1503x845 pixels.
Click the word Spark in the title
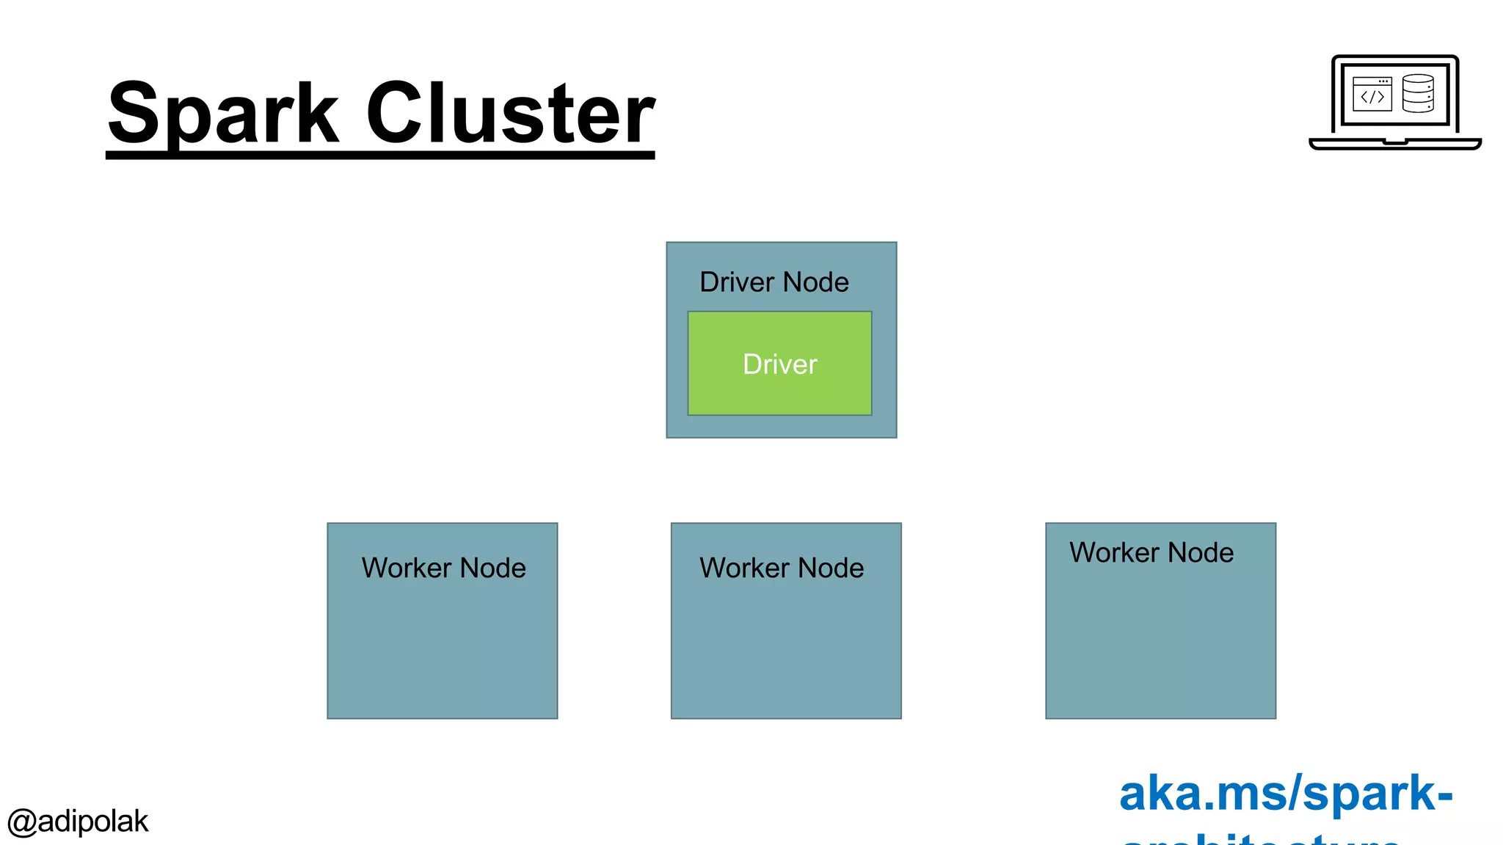point(224,114)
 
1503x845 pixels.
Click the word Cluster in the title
point(510,114)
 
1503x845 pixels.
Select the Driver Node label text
point(774,282)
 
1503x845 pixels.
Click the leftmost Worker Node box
point(442,645)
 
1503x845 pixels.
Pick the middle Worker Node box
point(786,645)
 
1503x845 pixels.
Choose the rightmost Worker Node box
point(1160,638)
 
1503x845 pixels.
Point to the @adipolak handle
point(78,822)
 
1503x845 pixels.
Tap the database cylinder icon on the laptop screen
point(1418,93)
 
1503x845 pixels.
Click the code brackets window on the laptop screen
point(1372,95)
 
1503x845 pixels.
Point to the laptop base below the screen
point(1395,144)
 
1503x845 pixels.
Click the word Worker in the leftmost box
point(406,568)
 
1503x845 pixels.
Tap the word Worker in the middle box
point(744,568)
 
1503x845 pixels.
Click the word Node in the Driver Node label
point(815,282)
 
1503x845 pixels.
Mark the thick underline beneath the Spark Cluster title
point(380,155)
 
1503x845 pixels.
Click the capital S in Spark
point(134,114)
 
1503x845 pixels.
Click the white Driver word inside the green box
point(779,365)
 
